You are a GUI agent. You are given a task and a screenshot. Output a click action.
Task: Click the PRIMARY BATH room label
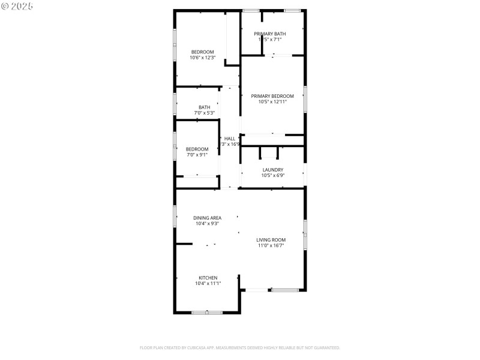point(269,34)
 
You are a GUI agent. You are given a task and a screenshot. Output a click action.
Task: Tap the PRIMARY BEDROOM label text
point(272,96)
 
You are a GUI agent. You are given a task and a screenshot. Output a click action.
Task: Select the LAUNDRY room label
point(272,170)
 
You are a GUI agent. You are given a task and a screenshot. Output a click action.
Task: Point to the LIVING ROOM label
point(271,240)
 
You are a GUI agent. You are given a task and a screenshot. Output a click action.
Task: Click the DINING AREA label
point(207,218)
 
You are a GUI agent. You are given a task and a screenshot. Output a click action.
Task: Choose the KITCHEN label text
point(208,278)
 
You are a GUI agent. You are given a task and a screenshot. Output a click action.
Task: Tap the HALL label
point(230,138)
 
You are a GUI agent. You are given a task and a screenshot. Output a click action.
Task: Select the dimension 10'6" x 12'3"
point(202,58)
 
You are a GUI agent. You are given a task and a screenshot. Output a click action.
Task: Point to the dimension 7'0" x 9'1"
point(197,155)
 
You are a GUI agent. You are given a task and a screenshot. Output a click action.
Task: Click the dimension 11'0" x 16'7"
point(271,245)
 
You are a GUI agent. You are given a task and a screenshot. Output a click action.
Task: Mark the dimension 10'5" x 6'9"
point(272,175)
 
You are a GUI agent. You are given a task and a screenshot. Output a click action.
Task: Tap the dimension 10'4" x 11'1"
point(208,283)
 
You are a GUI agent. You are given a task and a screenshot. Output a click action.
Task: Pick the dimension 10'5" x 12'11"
point(272,102)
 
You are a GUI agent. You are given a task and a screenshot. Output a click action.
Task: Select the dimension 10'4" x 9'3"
point(207,223)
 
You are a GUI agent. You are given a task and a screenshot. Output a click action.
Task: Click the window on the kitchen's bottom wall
point(208,312)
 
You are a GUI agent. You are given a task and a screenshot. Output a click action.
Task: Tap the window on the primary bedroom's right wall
point(305,99)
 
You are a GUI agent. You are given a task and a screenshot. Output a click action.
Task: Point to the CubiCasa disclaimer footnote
point(239,347)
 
